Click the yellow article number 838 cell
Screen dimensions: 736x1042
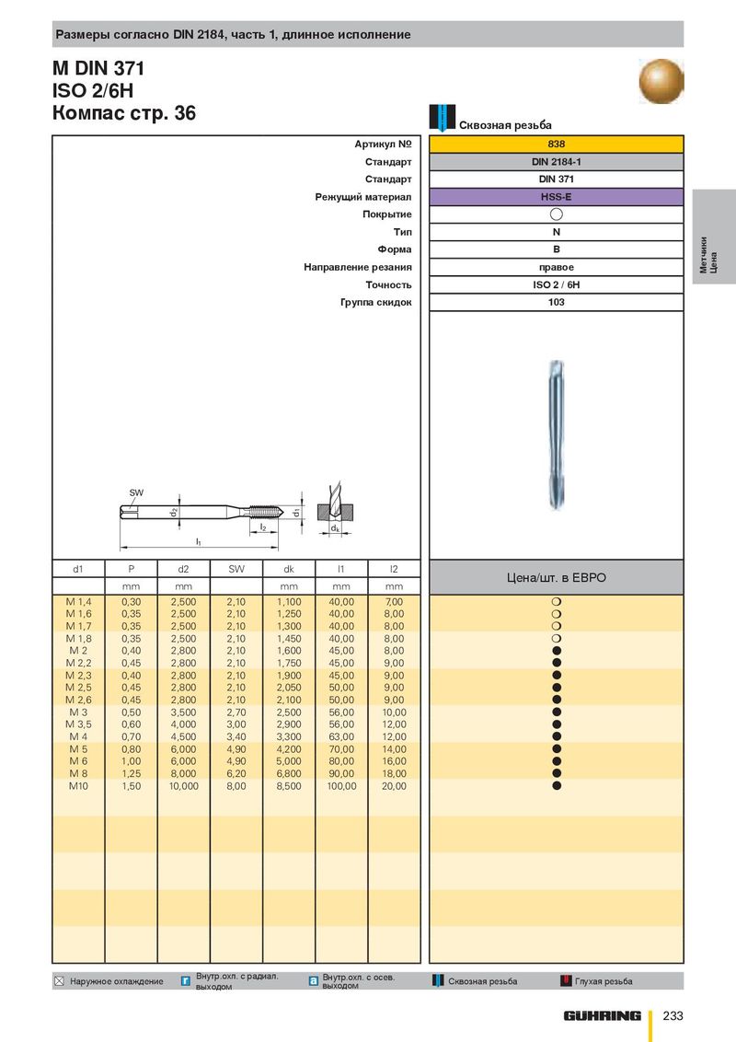pyautogui.click(x=556, y=145)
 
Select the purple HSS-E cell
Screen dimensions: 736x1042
pyautogui.click(x=556, y=197)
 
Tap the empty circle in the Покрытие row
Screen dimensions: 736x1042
pyautogui.click(x=557, y=214)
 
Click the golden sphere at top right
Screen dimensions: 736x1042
pyautogui.click(x=661, y=80)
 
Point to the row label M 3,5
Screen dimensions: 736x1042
pyautogui.click(x=78, y=724)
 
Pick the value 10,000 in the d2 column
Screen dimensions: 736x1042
pyautogui.click(x=183, y=786)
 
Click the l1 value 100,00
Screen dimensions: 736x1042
pyautogui.click(x=341, y=786)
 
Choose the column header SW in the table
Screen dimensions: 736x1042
pyautogui.click(x=236, y=569)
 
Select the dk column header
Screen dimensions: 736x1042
pyautogui.click(x=289, y=569)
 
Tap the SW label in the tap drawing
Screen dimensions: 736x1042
pyautogui.click(x=136, y=492)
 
